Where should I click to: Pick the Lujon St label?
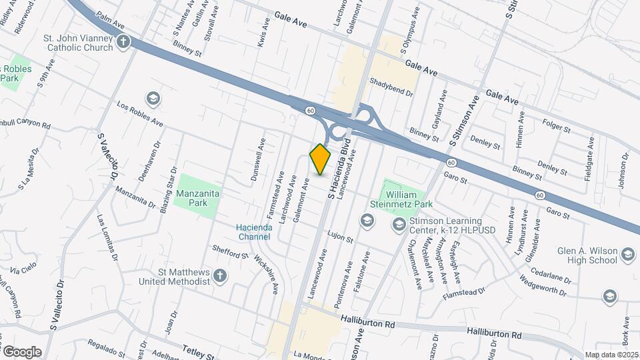pos(339,236)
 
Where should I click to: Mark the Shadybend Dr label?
pos(392,85)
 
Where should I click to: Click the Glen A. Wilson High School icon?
pos(628,254)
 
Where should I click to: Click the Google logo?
pos(22,351)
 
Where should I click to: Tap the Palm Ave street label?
pos(111,24)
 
